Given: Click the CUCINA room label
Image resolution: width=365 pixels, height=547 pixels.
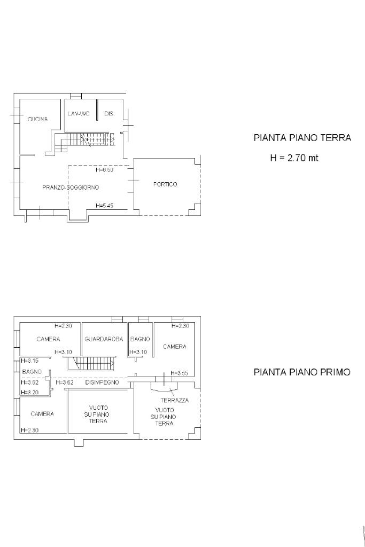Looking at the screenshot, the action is click(x=38, y=119).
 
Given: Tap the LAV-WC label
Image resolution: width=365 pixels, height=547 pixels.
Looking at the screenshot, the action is click(x=79, y=114).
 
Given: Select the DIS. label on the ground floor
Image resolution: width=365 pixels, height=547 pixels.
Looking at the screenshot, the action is click(x=109, y=114).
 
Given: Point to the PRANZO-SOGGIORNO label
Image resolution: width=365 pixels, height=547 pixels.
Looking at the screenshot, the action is click(x=71, y=187).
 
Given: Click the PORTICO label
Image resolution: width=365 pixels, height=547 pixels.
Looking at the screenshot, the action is click(x=166, y=184).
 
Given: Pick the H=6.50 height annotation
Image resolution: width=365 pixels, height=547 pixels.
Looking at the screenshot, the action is click(x=104, y=170).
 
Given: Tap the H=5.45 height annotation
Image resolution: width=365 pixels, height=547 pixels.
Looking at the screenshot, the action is click(x=104, y=206).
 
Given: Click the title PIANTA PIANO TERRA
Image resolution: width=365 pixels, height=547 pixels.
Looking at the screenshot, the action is click(x=302, y=138).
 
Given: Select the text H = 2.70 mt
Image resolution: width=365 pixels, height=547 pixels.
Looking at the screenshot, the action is click(x=294, y=158).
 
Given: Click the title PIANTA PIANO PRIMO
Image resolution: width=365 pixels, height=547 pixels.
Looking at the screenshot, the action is click(x=302, y=372).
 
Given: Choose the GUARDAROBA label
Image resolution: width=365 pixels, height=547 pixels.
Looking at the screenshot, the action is click(x=104, y=339).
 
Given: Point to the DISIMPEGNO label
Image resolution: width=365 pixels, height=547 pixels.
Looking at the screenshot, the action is click(x=102, y=382).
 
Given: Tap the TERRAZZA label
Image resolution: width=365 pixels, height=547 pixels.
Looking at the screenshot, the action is click(x=174, y=400).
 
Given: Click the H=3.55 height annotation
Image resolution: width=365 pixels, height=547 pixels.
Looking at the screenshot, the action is click(x=180, y=373).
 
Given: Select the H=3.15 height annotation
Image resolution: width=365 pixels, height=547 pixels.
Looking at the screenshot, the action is click(x=30, y=361).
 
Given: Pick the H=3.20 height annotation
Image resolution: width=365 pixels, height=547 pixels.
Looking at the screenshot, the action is click(x=30, y=392).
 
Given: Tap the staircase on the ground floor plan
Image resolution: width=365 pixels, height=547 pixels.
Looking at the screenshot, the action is click(x=84, y=141).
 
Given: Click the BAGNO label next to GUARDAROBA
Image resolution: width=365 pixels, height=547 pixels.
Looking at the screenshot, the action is click(x=140, y=339).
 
